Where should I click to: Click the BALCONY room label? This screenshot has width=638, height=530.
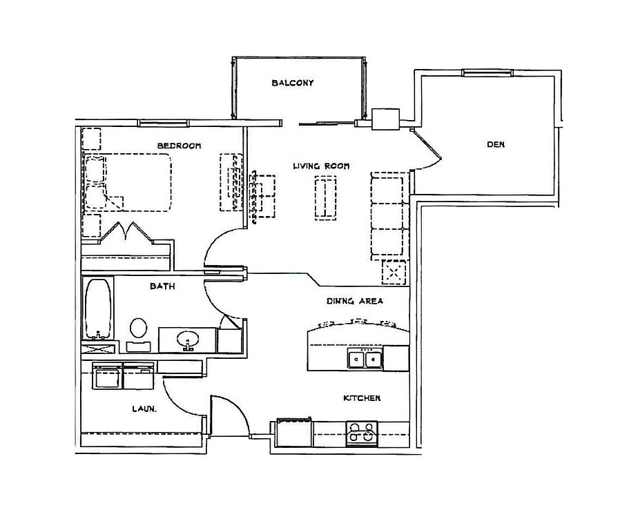(x=292, y=83)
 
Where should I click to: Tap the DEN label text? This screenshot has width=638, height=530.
(x=495, y=144)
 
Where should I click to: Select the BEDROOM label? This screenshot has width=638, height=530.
(x=179, y=146)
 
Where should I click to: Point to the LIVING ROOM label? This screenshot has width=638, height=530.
(x=321, y=166)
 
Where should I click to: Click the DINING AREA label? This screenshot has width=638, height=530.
(x=354, y=301)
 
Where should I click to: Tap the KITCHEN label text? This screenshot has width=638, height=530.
(x=362, y=398)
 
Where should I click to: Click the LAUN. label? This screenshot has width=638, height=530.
(x=144, y=409)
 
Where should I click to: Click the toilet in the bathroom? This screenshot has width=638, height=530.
(x=138, y=332)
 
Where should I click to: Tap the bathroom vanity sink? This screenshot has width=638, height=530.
(x=187, y=340)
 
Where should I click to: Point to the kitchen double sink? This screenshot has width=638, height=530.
(x=365, y=359)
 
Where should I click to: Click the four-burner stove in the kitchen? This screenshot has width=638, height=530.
(x=362, y=433)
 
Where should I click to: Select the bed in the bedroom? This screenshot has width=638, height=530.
(x=128, y=182)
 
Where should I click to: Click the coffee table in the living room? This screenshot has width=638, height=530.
(x=326, y=198)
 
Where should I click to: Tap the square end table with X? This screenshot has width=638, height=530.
(x=394, y=272)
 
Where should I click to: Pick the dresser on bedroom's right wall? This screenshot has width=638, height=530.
(x=231, y=182)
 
